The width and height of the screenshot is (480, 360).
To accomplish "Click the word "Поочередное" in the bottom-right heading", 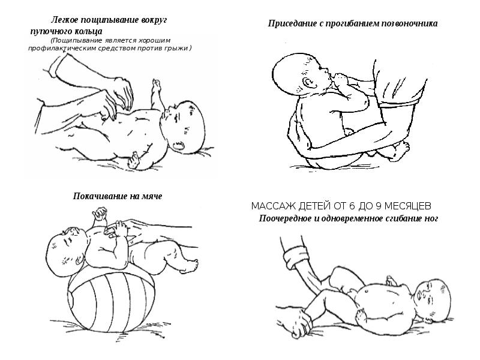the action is pyautogui.click(x=285, y=218).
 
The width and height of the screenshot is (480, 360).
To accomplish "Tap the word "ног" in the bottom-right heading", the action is pyautogui.click(x=431, y=218).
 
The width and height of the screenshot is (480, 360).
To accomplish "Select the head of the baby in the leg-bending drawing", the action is pyautogui.click(x=434, y=298).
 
